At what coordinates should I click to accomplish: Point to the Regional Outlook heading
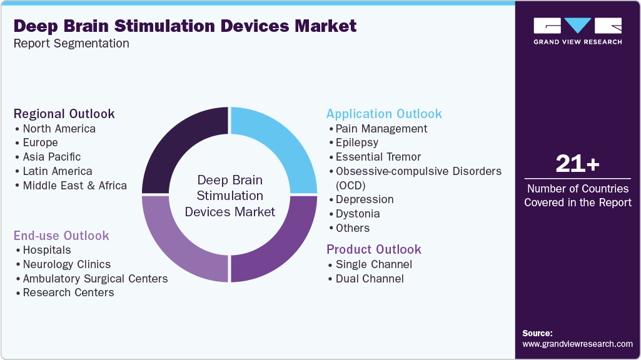pyautogui.click(x=64, y=114)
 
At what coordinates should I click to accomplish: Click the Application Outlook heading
pyautogui.click(x=384, y=114)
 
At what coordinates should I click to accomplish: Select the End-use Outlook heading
pyautogui.click(x=61, y=236)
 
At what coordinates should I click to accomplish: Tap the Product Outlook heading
pyautogui.click(x=374, y=249)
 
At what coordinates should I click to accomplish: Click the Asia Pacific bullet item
pyautogui.click(x=52, y=157)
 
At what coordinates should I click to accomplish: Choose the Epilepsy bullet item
pyautogui.click(x=357, y=142)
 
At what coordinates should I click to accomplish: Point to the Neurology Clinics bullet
pyautogui.click(x=67, y=264)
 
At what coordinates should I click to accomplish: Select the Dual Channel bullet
pyautogui.click(x=370, y=279)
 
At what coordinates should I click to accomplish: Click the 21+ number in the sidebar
pyautogui.click(x=577, y=164)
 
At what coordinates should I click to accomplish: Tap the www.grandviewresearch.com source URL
pyautogui.click(x=577, y=344)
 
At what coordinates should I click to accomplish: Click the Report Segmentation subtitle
pyautogui.click(x=71, y=44)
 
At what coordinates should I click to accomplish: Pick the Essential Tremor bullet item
pyautogui.click(x=378, y=157)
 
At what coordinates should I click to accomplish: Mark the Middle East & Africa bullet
pyautogui.click(x=75, y=186)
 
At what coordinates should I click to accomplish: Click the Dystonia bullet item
pyautogui.click(x=358, y=214)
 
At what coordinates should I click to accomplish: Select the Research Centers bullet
pyautogui.click(x=69, y=292)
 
